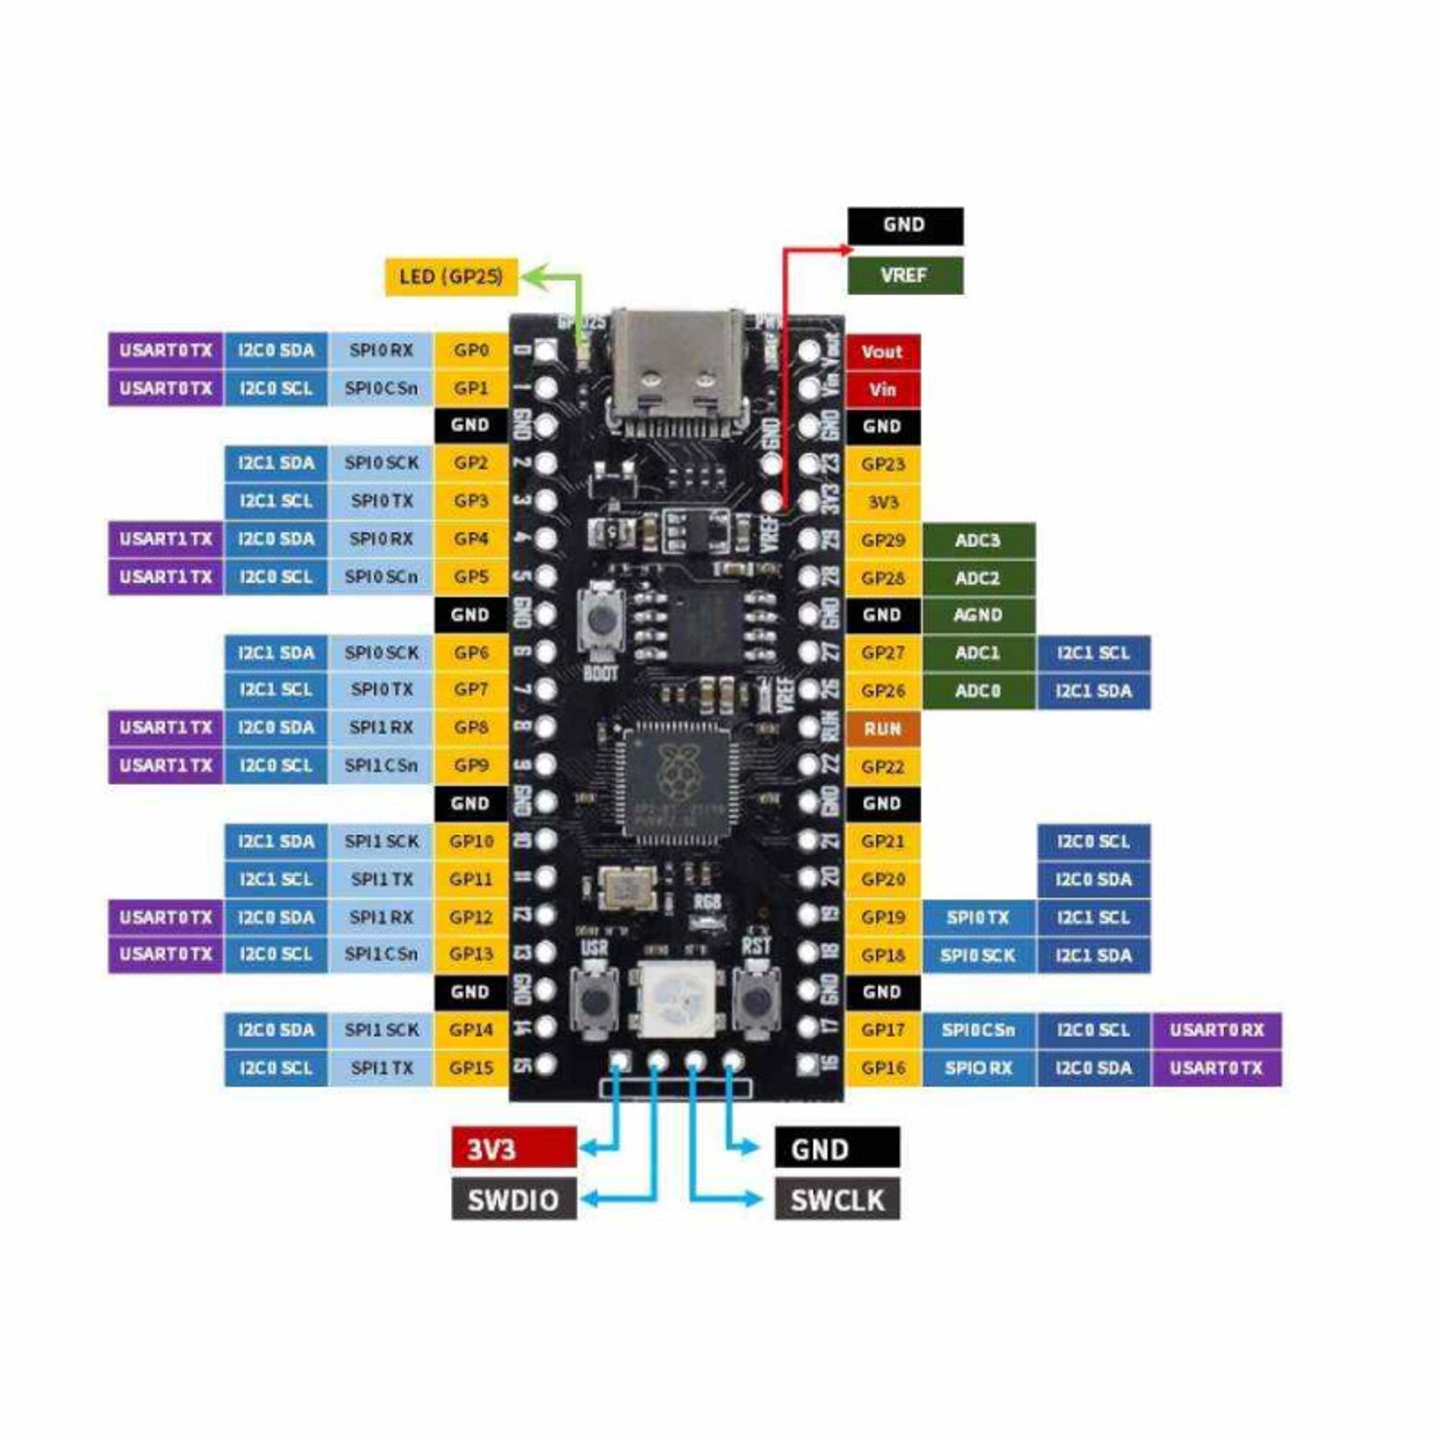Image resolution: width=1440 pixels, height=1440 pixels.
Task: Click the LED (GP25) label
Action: (451, 277)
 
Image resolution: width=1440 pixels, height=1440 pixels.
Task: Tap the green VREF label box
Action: (905, 276)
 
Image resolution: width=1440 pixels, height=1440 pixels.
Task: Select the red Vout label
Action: (882, 351)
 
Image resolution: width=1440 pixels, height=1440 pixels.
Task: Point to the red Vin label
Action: (882, 390)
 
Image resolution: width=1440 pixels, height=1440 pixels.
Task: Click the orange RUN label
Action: (882, 729)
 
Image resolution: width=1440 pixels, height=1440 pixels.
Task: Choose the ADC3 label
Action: (978, 540)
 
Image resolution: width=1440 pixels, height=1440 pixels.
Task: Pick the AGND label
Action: (978, 616)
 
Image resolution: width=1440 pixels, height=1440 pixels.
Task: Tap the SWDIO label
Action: (513, 1200)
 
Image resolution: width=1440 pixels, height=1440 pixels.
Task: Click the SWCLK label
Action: (837, 1200)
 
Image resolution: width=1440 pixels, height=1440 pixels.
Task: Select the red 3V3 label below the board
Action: (513, 1148)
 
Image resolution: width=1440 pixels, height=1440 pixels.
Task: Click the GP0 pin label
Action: (471, 350)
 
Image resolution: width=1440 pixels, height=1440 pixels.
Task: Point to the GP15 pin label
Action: (471, 1068)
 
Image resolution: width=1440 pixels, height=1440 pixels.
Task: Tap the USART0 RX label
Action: (1217, 1030)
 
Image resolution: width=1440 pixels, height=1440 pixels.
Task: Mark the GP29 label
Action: (882, 540)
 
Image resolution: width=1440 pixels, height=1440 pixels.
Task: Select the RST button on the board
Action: (755, 1002)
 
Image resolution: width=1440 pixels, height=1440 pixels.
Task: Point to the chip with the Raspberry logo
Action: (676, 776)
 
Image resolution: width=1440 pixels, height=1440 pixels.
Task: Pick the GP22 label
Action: (882, 766)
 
